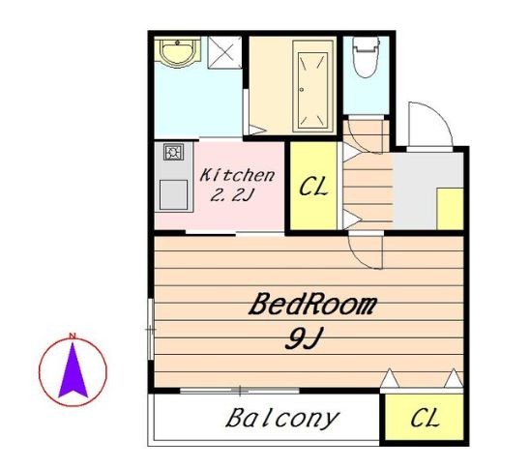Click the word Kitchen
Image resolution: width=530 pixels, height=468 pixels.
point(237,175)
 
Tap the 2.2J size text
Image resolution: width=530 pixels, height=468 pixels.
point(231,195)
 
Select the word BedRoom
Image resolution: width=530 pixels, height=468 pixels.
point(312,305)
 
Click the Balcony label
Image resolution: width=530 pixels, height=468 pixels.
point(281,419)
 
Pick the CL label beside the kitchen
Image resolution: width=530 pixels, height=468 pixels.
point(313,187)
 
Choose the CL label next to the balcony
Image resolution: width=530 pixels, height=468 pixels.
point(426,418)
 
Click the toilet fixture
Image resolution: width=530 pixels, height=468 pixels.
point(366,56)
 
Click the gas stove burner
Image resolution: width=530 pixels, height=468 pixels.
point(174,152)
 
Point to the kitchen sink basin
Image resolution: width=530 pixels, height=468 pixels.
point(173,195)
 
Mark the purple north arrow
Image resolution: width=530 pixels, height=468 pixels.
point(73,370)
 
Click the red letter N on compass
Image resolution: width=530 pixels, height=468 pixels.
point(72,336)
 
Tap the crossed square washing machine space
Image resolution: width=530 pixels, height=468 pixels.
point(224,53)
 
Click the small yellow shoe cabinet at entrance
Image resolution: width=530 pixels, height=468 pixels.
point(450,209)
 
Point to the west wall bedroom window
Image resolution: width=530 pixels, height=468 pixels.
point(151,330)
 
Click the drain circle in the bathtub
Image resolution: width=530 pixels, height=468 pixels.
point(302,90)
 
